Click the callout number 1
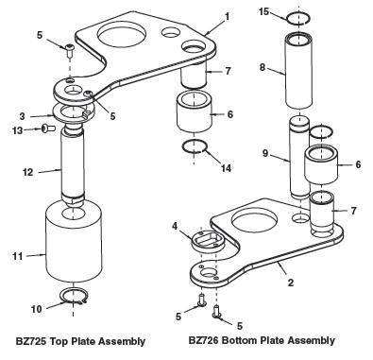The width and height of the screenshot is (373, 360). [x=227, y=16]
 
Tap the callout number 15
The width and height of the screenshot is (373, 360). [x=263, y=11]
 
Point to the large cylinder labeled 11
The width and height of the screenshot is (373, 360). [x=74, y=243]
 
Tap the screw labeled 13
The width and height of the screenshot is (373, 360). [x=48, y=129]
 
